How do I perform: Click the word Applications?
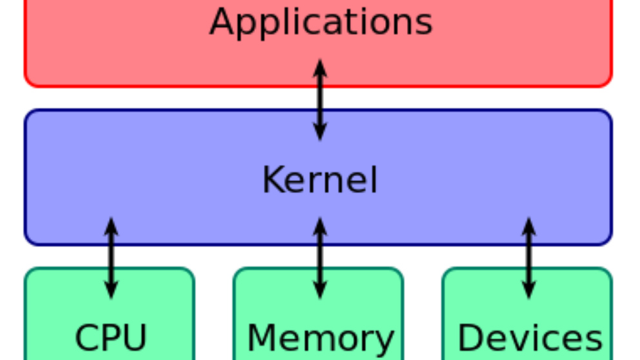pos(321,21)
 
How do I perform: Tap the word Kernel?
pos(319,180)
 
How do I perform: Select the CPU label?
pos(110,337)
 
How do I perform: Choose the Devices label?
pos(529,337)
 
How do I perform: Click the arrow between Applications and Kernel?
pos(319,99)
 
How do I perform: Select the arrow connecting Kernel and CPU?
pos(111,258)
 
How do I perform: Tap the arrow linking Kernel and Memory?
pos(319,258)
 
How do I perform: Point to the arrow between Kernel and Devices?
pos(528,258)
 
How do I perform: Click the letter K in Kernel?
pos(272,180)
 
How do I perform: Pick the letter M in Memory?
pos(261,337)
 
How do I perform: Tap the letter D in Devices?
pos(469,337)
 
